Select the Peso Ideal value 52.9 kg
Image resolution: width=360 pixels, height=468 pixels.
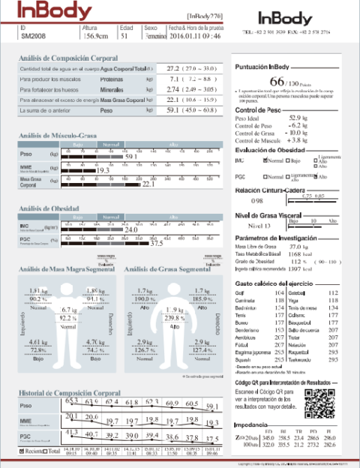point(297,118)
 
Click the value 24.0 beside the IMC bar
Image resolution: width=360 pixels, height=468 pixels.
point(131,229)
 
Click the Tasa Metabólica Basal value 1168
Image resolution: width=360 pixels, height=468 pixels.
point(295,254)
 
